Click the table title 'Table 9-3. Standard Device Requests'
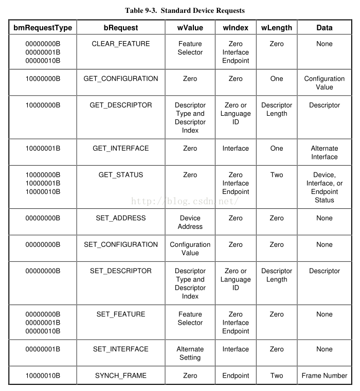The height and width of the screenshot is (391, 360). pyautogui.click(x=185, y=10)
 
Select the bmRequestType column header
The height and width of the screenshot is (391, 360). pyautogui.click(x=43, y=28)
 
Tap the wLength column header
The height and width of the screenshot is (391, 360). pyautogui.click(x=276, y=28)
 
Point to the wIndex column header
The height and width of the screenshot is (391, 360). pyautogui.click(x=236, y=28)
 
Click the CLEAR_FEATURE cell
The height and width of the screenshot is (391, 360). pyautogui.click(x=121, y=44)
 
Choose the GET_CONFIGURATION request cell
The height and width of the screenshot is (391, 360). pyautogui.click(x=121, y=79)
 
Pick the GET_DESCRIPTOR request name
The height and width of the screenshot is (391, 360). pyautogui.click(x=121, y=105)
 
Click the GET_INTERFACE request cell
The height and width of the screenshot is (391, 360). pyautogui.click(x=121, y=148)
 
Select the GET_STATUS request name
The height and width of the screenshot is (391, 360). pyautogui.click(x=121, y=174)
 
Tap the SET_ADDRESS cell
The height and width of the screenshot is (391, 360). pyautogui.click(x=121, y=218)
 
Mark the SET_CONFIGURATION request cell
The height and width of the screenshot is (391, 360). pyautogui.click(x=121, y=244)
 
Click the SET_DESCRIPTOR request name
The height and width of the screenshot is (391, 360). pyautogui.click(x=121, y=271)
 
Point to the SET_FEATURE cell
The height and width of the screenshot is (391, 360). pyautogui.click(x=121, y=314)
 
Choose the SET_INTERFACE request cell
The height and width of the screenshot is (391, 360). pyautogui.click(x=121, y=349)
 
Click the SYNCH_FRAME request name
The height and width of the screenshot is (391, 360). pyautogui.click(x=121, y=376)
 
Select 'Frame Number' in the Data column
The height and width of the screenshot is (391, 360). pyautogui.click(x=325, y=376)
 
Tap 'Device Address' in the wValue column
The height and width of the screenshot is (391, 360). pyautogui.click(x=190, y=222)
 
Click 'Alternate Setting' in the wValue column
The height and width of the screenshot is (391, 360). pyautogui.click(x=190, y=353)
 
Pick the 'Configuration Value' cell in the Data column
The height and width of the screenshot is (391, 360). pyautogui.click(x=325, y=83)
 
